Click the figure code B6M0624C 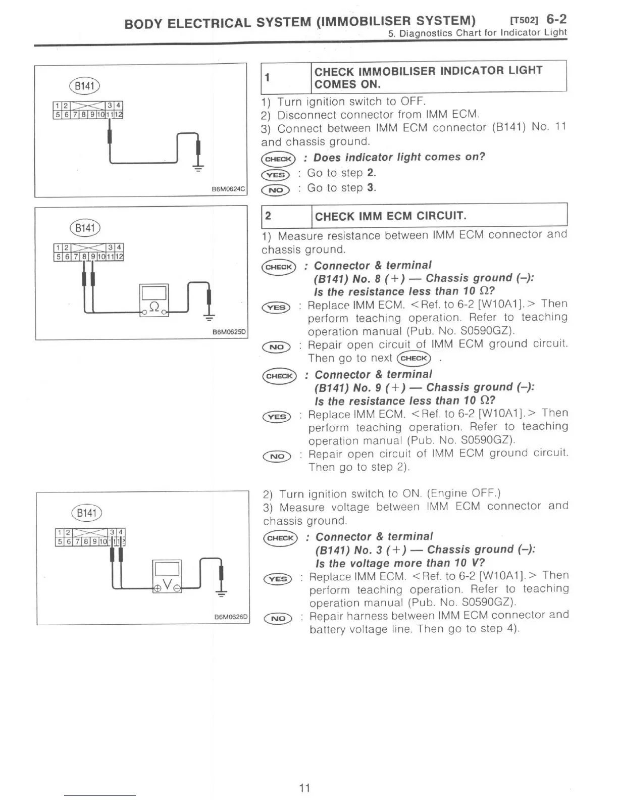[229, 189]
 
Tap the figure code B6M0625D [229, 332]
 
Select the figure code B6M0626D [231, 617]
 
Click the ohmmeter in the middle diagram [154, 300]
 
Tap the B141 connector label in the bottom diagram [87, 513]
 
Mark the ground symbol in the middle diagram [209, 317]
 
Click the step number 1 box [286, 77]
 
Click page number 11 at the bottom [304, 788]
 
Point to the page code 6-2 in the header [556, 19]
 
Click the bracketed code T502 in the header [525, 21]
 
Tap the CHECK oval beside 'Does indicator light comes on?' [278, 159]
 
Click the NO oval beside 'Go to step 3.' [276, 190]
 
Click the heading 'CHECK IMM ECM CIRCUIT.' [390, 216]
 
